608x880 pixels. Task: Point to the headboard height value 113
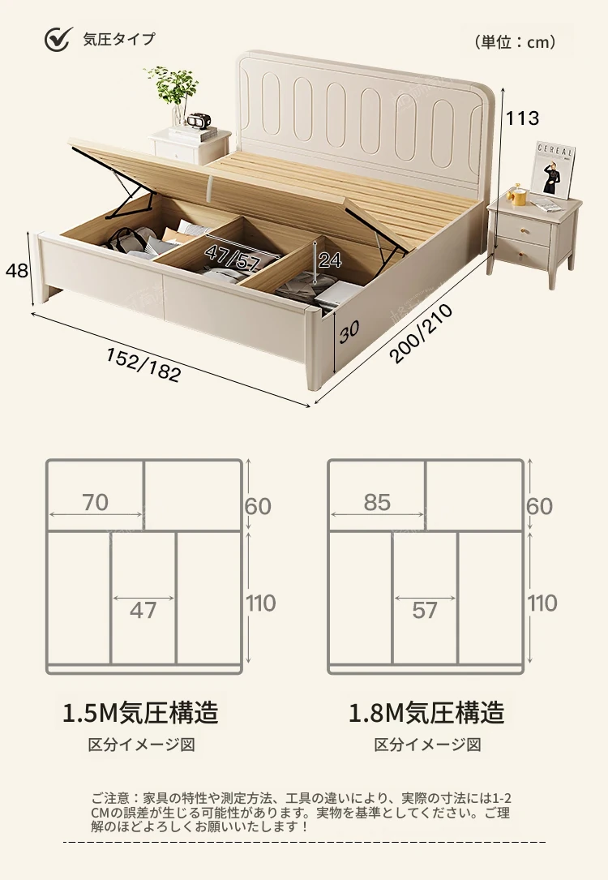pos(522,118)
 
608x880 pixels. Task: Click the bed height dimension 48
pos(17,271)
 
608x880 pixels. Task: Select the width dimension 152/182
pos(143,364)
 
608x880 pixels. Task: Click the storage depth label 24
pos(330,260)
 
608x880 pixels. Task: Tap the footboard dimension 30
pos(349,331)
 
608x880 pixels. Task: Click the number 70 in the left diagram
pos(95,503)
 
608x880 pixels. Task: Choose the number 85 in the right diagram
pos(377,503)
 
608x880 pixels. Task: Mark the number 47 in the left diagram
pos(143,610)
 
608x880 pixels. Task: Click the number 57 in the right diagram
pos(425,610)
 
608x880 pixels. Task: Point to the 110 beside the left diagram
pos(260,603)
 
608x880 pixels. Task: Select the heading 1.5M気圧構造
pos(141,713)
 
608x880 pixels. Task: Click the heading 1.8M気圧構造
pos(426,713)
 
